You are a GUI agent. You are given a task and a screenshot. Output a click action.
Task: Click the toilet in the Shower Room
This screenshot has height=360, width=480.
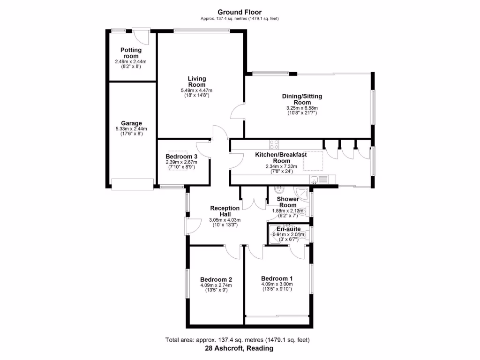pyautogui.click(x=307, y=210)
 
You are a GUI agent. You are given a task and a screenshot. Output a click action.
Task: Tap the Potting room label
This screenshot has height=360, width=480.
pyautogui.click(x=131, y=53)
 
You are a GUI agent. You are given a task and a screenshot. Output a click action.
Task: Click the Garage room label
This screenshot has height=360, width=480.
pyautogui.click(x=131, y=123)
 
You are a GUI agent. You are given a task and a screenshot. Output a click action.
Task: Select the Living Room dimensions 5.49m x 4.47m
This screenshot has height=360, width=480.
pyautogui.click(x=196, y=90)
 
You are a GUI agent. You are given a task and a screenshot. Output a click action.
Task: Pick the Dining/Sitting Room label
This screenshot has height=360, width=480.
pyautogui.click(x=302, y=99)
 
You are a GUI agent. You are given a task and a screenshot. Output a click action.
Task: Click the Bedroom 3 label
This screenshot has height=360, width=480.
pyautogui.click(x=181, y=157)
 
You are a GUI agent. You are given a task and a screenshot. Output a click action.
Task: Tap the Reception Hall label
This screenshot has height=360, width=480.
pyautogui.click(x=225, y=211)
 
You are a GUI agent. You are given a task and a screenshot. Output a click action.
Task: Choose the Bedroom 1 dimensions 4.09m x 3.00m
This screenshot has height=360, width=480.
pyautogui.click(x=277, y=284)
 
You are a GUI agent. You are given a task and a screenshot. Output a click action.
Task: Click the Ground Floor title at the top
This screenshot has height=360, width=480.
pyautogui.click(x=240, y=12)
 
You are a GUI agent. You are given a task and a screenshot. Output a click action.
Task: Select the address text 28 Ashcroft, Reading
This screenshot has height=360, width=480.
pyautogui.click(x=239, y=349)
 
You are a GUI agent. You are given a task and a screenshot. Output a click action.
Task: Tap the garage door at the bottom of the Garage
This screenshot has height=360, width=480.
pyautogui.click(x=132, y=184)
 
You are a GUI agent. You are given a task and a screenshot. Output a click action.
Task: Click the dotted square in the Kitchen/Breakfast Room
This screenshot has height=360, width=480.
pyautogui.click(x=313, y=161)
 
